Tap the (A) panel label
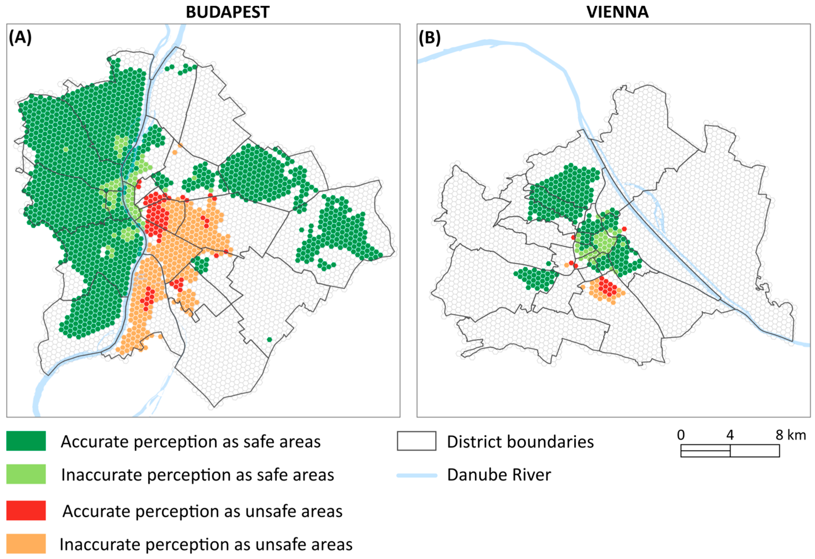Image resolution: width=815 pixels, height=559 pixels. click(20, 38)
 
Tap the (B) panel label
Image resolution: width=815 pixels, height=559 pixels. click(430, 38)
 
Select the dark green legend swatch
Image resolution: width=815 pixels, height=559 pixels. click(26, 441)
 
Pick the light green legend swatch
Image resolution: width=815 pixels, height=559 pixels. click(26, 474)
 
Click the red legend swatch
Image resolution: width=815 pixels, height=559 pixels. click(26, 510)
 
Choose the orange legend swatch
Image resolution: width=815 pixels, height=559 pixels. click(26, 544)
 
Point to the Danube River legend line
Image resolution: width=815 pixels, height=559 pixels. click(417, 475)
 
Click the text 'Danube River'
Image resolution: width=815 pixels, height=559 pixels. click(499, 475)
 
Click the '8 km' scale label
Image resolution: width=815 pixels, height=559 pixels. click(790, 435)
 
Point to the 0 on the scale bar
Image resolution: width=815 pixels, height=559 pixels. click(681, 435)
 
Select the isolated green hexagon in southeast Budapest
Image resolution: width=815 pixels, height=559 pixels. click(269, 339)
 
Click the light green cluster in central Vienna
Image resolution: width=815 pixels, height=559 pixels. click(602, 242)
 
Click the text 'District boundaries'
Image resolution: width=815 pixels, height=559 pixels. click(520, 442)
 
